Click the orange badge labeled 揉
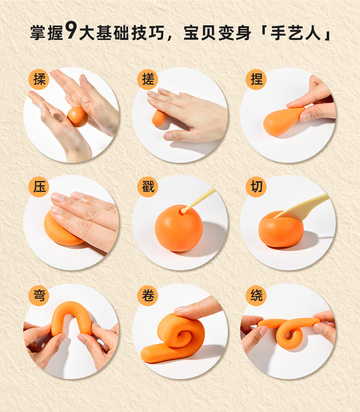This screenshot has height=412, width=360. click(x=39, y=79)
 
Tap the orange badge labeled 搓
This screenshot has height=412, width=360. click(x=147, y=79)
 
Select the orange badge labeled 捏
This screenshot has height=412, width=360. click(x=256, y=79)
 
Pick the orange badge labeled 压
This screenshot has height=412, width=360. click(x=39, y=187)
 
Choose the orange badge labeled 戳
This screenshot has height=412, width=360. click(x=147, y=187)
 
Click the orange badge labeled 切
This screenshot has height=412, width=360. click(x=256, y=187)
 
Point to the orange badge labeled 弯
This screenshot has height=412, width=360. click(x=39, y=295)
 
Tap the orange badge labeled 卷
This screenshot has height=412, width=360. click(x=147, y=295)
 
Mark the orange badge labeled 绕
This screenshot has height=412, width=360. click(x=256, y=295)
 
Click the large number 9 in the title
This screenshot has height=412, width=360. click(x=71, y=30)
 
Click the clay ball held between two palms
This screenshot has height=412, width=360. click(x=77, y=117)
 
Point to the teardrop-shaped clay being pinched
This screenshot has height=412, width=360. click(x=281, y=121)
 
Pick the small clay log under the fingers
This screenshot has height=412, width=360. click(x=158, y=118)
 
